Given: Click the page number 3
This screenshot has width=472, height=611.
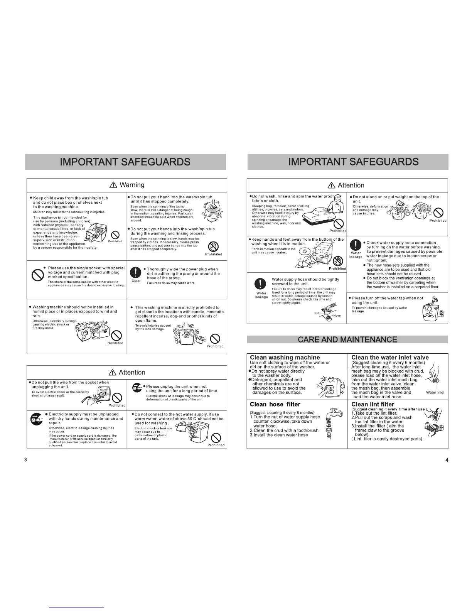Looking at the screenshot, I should [25, 459].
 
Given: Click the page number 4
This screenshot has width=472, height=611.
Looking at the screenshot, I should [447, 459].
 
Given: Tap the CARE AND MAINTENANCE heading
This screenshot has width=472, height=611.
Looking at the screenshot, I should [347, 339].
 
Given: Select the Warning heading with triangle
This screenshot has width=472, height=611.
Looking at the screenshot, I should [127, 185].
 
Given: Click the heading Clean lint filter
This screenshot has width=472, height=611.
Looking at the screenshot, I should [373, 404].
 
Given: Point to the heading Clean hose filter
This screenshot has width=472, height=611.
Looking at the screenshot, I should [275, 404].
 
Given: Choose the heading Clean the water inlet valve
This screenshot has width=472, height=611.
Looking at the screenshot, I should [390, 357].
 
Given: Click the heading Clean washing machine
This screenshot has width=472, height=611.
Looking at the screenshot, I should [285, 357].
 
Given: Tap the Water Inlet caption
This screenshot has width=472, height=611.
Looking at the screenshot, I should [435, 392].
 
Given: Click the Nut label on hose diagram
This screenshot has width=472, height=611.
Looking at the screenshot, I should [317, 313].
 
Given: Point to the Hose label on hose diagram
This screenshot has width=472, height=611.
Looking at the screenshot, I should [337, 316].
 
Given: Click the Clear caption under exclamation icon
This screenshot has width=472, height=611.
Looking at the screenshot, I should [136, 281].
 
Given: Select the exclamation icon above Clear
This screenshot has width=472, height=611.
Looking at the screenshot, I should [136, 273].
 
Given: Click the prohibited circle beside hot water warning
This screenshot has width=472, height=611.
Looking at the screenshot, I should [216, 437].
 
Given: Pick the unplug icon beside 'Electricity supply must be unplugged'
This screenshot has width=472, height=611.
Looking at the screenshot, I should [36, 419].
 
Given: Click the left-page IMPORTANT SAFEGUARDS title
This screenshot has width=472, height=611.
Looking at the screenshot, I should [125, 162].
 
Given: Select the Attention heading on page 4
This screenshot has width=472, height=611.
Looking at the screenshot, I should [347, 185].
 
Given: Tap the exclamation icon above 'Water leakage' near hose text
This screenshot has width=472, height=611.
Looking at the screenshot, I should [261, 284].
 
